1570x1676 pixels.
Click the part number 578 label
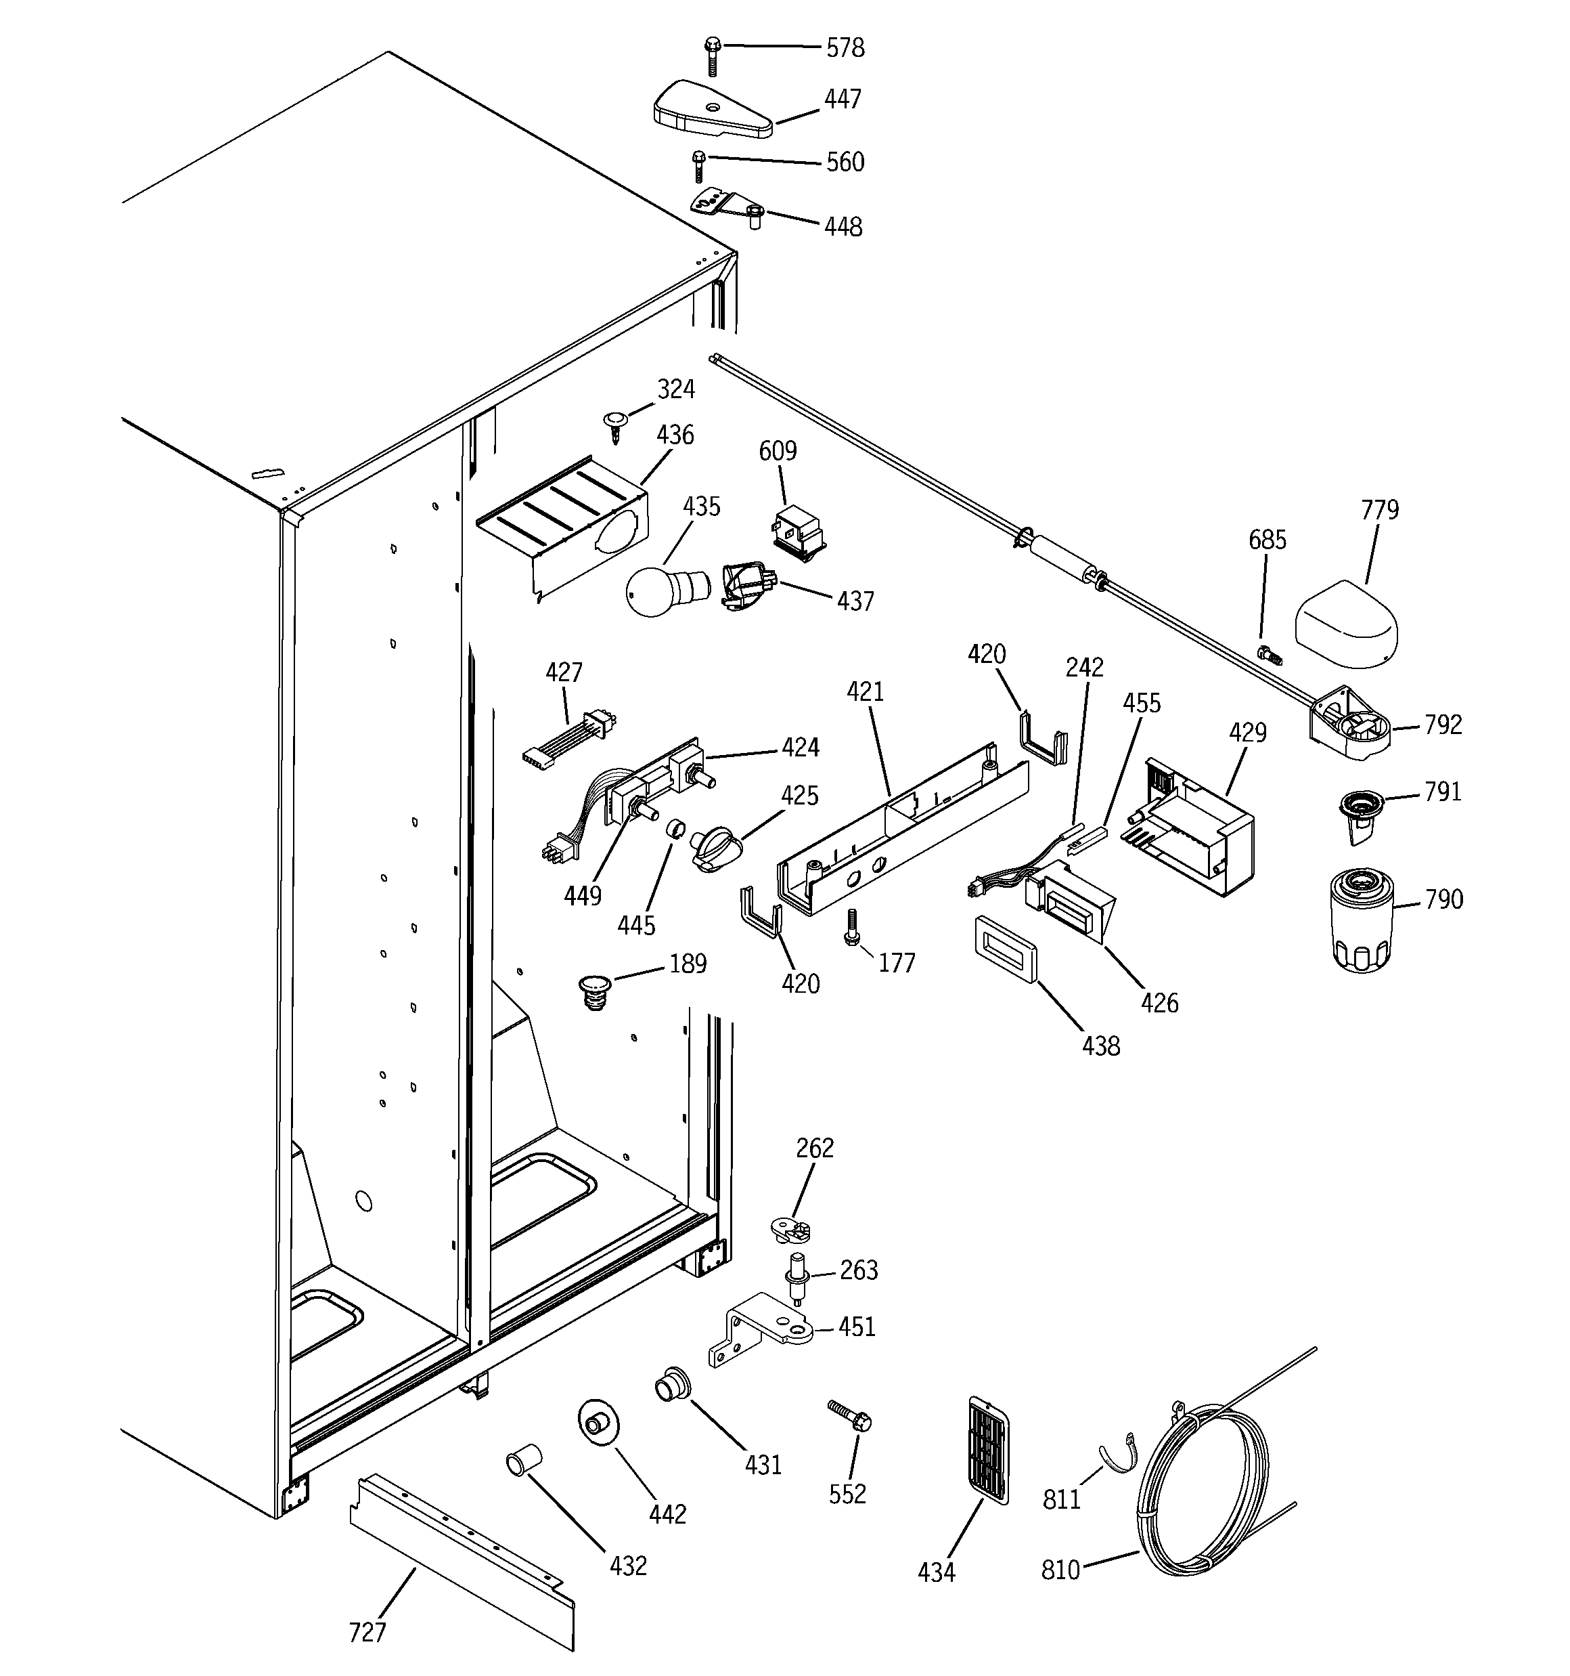[x=845, y=48]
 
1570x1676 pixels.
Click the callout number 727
[x=367, y=1632]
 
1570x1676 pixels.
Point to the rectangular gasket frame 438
[x=1006, y=950]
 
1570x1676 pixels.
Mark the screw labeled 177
[x=852, y=926]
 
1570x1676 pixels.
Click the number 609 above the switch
[x=777, y=451]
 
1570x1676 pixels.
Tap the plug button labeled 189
[x=594, y=991]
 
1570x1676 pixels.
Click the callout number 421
[x=865, y=692]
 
